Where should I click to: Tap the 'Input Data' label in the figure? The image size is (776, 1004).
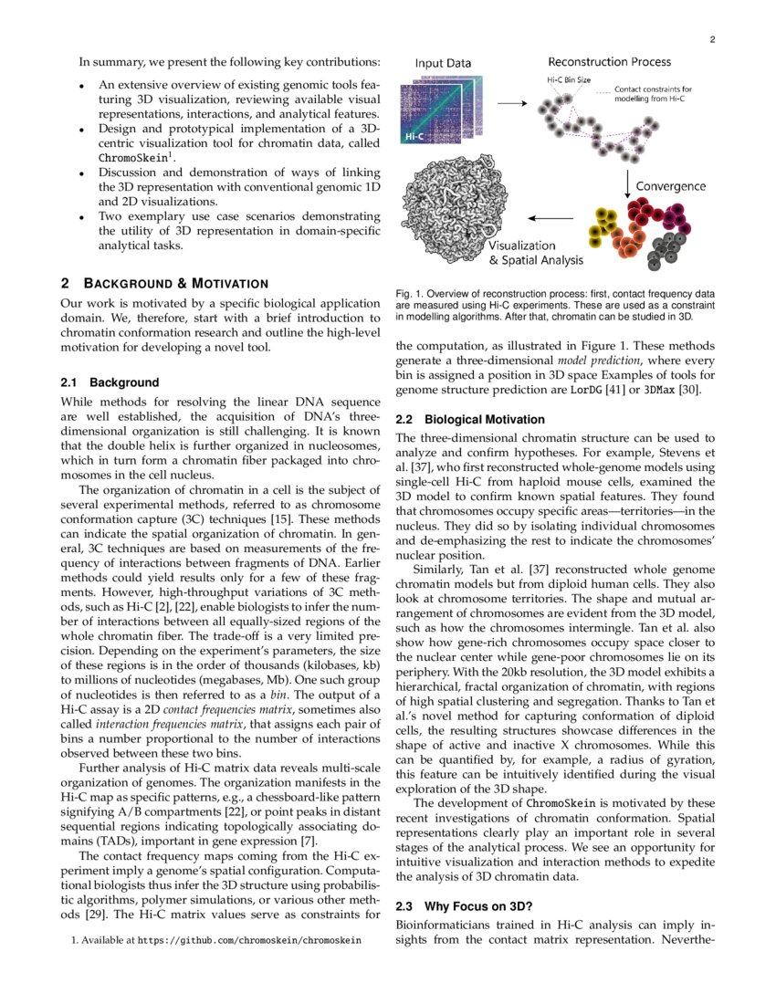443,64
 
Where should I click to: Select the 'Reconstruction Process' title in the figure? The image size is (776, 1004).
609,62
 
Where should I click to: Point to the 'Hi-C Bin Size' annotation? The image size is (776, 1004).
567,81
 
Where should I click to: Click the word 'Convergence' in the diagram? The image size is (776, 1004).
670,186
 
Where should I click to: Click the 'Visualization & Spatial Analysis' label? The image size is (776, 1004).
535,253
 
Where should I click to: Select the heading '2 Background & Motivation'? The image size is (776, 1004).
164,283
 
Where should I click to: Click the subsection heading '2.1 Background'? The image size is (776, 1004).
110,382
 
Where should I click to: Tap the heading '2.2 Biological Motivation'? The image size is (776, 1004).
470,420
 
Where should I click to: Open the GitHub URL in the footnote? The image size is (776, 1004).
248,938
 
